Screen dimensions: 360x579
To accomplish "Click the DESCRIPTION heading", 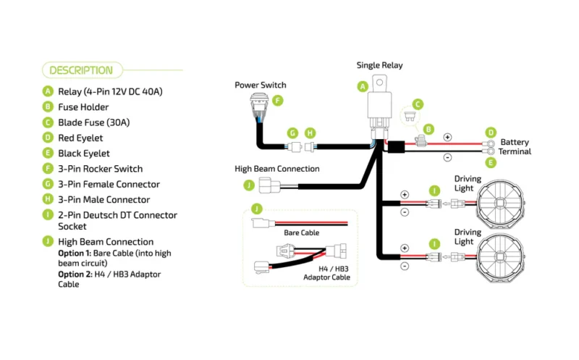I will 80,70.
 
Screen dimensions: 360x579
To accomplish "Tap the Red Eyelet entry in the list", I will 80,138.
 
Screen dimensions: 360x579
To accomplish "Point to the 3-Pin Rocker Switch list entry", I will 100,169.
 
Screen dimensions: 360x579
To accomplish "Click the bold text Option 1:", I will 75,254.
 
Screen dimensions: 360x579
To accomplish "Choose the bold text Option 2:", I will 75,275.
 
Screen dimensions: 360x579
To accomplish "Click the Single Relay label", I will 379,65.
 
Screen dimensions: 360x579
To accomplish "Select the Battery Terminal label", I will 515,147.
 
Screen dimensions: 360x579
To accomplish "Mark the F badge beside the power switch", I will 277,101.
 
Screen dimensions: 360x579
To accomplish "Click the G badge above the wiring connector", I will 292,133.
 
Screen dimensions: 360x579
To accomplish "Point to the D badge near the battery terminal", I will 491,133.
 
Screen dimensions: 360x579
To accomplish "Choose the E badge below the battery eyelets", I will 491,163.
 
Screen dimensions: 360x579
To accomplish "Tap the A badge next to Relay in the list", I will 48,91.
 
